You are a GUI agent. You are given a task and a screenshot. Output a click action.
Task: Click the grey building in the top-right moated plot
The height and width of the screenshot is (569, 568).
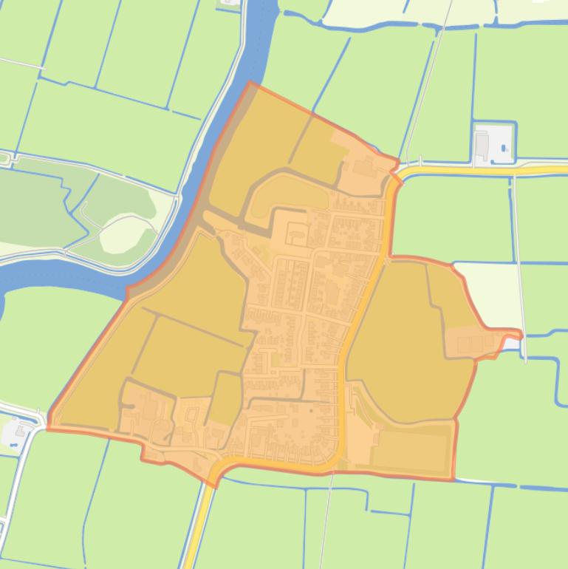tap(482, 145)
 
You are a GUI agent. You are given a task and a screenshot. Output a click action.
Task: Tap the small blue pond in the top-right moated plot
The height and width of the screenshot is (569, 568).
tap(504, 149)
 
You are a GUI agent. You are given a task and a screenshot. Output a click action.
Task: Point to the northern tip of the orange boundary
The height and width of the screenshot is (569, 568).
tap(250, 83)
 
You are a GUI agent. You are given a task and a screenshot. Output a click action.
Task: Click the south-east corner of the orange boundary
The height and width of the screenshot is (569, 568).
tap(452, 480)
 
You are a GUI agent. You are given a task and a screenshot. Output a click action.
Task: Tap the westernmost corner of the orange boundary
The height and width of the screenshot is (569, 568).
tap(49, 427)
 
